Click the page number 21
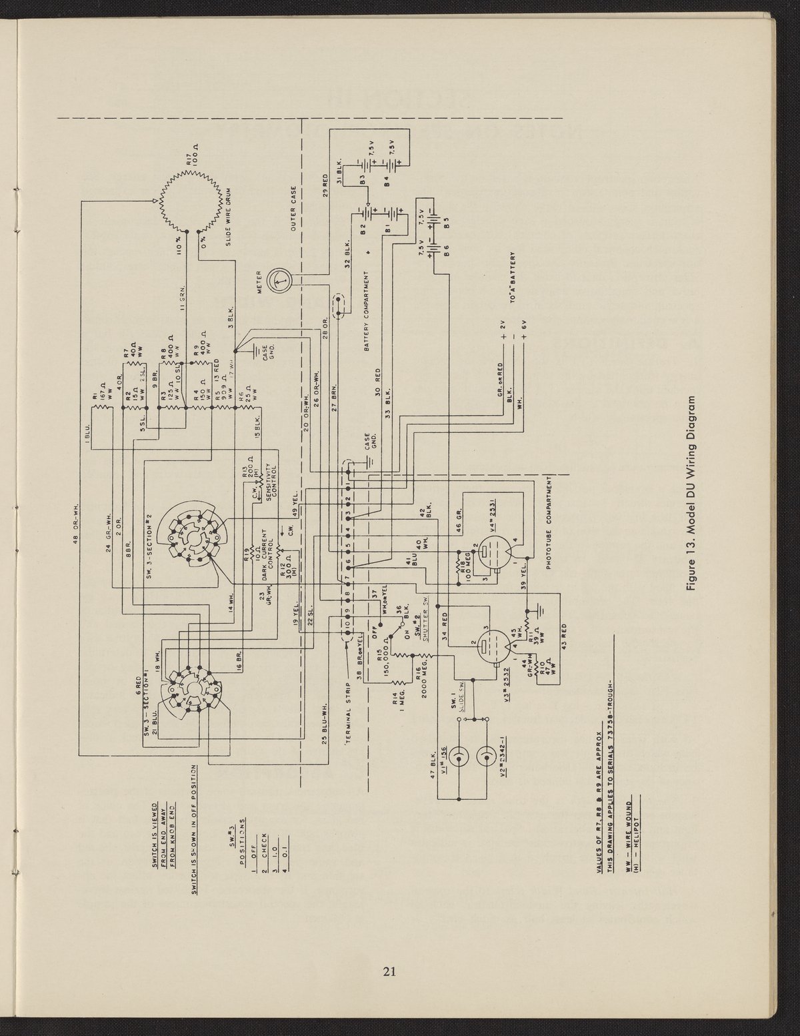[390, 971]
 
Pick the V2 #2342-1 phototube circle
[486, 758]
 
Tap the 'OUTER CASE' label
[295, 209]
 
